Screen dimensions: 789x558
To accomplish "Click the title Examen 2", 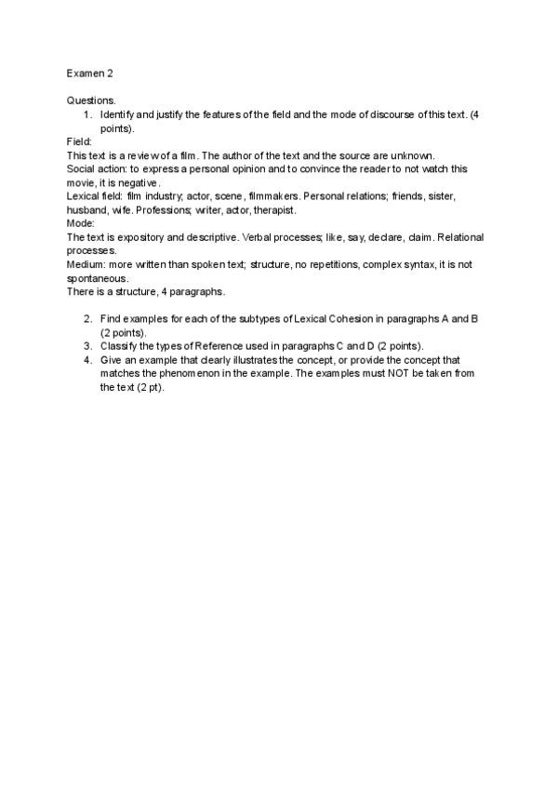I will tap(89, 73).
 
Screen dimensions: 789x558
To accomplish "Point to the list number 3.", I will tap(87, 345).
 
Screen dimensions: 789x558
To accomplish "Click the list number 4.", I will tap(87, 359).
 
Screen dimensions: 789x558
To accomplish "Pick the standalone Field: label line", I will tap(79, 141).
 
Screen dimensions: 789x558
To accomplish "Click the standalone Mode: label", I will tap(80, 223).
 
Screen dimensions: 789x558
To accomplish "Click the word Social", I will tap(82, 169).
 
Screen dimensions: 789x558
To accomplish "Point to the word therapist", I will tap(274, 210).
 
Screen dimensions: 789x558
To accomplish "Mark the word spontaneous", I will tap(97, 278).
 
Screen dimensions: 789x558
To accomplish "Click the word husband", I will tap(87, 210).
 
